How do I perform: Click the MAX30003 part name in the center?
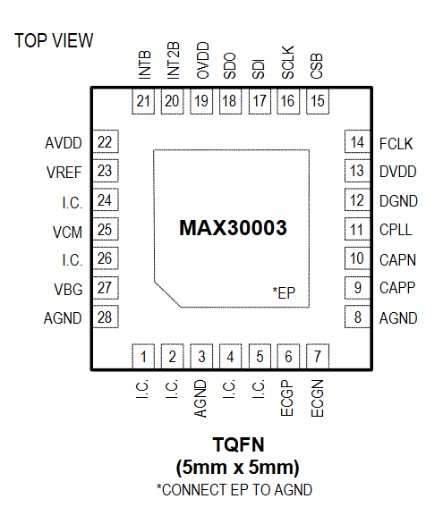(x=233, y=228)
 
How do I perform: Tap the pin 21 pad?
(x=143, y=101)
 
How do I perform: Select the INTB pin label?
(x=145, y=65)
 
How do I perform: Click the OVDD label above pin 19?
(x=202, y=61)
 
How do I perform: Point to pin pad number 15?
(x=318, y=101)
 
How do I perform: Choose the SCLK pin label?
(x=288, y=63)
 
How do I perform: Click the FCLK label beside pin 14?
(x=396, y=144)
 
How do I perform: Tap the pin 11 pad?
(x=357, y=230)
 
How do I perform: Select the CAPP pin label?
(x=397, y=288)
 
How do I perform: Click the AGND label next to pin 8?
(x=398, y=318)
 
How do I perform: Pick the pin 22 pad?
(x=106, y=141)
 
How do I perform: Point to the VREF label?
(x=64, y=173)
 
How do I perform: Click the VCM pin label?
(x=67, y=232)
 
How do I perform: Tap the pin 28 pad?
(x=106, y=317)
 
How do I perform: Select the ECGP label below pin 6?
(x=287, y=398)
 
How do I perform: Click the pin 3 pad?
(x=201, y=356)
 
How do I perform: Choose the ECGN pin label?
(x=318, y=398)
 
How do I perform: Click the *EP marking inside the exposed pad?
(x=284, y=292)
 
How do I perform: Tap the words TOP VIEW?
(x=54, y=41)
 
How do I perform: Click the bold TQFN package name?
(x=238, y=444)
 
